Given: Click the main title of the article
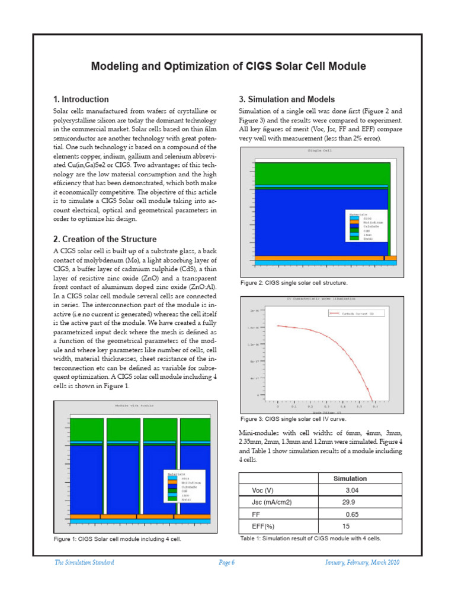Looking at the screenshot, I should [x=227, y=66].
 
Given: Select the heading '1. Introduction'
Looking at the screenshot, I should [x=81, y=99].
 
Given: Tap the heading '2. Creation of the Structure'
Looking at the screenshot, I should [x=105, y=239].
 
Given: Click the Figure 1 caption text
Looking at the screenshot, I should [x=117, y=540].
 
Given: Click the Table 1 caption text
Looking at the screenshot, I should [x=310, y=539].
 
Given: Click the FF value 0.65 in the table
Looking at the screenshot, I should [x=352, y=514].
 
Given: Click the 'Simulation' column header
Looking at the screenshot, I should [x=350, y=478].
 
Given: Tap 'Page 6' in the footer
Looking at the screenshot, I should [x=227, y=563].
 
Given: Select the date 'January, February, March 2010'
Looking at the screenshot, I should [x=363, y=563].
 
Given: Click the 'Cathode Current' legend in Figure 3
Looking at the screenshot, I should [x=351, y=313].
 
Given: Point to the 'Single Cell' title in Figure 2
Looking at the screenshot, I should [x=319, y=151].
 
